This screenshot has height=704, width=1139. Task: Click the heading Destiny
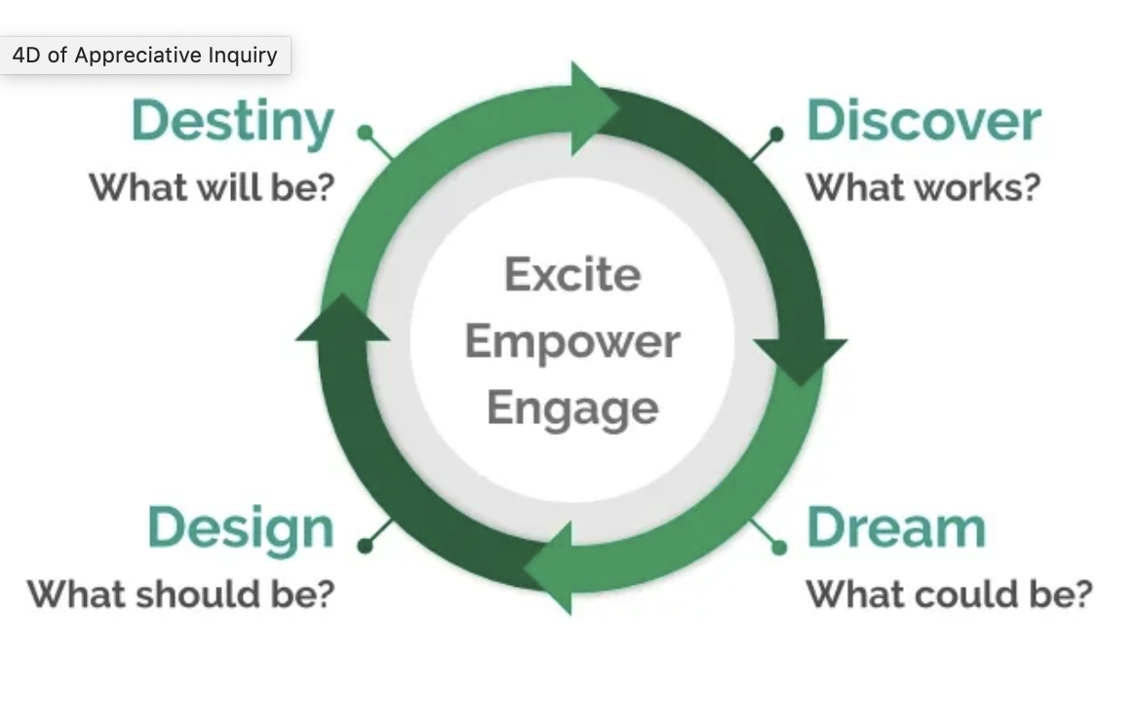pos(233,123)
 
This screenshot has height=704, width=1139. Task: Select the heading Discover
pos(924,121)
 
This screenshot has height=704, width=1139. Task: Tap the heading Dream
pos(896,528)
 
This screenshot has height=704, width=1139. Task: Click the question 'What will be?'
pos(213,187)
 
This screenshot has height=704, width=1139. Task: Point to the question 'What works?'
pos(923,187)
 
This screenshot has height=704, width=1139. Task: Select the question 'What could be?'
pos(950,594)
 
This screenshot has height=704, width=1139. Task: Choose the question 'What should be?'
pos(180,594)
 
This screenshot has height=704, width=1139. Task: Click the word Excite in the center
pos(572,275)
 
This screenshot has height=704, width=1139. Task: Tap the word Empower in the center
pos(572,341)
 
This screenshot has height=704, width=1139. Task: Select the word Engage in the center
pos(572,409)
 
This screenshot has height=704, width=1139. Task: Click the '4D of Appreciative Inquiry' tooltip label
pos(145,56)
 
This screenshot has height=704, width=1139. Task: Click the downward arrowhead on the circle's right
pos(800,359)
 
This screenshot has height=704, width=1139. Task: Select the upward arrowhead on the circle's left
pos(342,319)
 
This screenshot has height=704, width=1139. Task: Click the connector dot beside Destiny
pos(366,133)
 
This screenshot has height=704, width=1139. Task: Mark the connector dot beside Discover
pos(776,134)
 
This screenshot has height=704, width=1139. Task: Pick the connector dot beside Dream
pos(779,547)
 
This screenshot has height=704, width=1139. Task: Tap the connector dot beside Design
pos(366,545)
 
